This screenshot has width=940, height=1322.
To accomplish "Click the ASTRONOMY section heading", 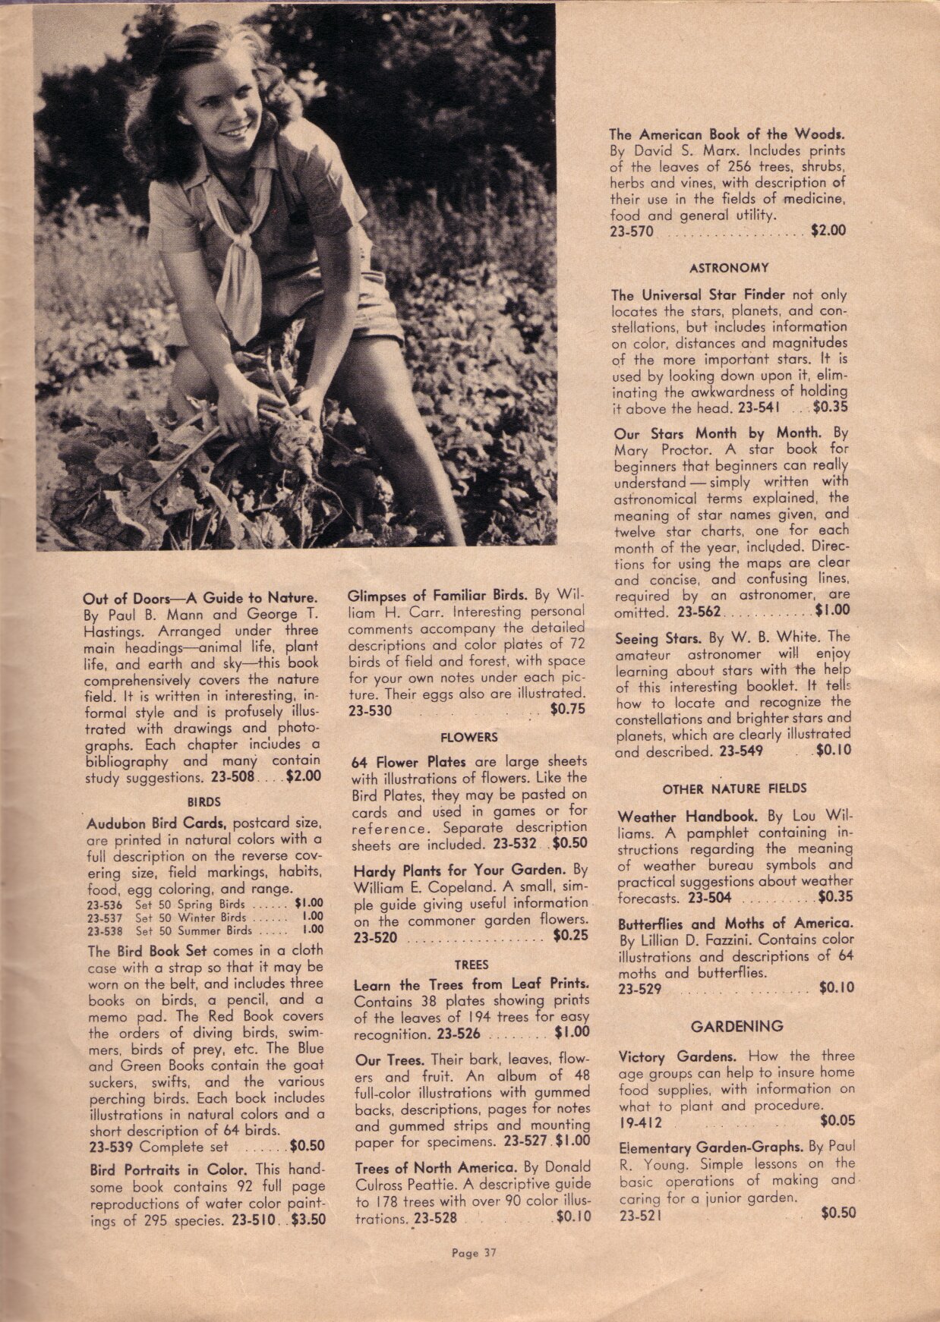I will point(729,268).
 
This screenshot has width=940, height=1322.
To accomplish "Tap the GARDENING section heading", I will point(737,1027).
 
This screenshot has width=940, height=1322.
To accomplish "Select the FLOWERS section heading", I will point(469,737).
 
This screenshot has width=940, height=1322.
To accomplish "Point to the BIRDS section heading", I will point(203,801).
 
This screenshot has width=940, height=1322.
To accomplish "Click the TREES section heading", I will point(471,965).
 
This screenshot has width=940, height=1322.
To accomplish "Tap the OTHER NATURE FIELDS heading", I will point(734,789).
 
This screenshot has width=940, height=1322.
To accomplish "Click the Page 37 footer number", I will point(473,1253).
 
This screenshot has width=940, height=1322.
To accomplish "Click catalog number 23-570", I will point(631,231).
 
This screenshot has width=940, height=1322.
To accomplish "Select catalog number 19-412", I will point(640,1122).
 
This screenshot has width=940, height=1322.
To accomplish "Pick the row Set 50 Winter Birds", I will point(205,917).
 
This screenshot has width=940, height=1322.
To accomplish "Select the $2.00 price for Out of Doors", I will point(304,776).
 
